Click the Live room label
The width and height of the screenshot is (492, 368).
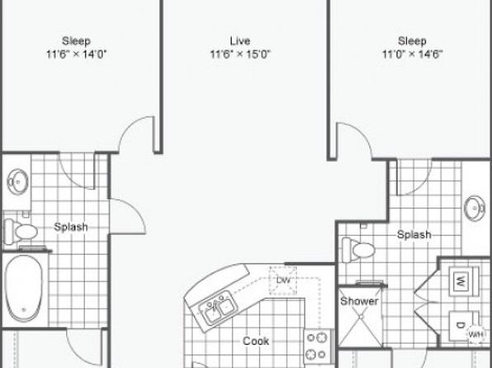[240, 40]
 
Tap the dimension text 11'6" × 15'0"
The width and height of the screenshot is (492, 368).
[240, 54]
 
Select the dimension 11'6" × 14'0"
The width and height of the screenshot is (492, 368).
[77, 54]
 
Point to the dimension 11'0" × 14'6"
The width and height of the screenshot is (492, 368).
[412, 54]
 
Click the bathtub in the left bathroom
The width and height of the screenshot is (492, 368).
[24, 288]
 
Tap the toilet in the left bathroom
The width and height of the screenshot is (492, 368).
[21, 232]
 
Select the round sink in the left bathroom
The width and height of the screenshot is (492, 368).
[18, 182]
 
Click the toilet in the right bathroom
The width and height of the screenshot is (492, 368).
[358, 250]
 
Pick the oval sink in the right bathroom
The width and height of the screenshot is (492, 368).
[475, 208]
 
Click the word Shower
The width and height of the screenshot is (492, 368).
[359, 301]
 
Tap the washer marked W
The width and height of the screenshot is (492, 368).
[464, 281]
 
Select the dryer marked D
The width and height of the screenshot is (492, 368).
[462, 326]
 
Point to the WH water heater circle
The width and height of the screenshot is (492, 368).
[475, 334]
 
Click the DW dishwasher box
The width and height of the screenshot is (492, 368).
[282, 281]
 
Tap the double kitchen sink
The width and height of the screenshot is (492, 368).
[217, 308]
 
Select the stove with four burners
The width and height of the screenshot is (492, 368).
[319, 346]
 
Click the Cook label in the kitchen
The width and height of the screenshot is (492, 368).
[256, 341]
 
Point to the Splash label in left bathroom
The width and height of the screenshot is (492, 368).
[71, 227]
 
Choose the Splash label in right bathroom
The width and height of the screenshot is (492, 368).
[414, 234]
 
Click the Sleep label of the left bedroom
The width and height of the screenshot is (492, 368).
[76, 40]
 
